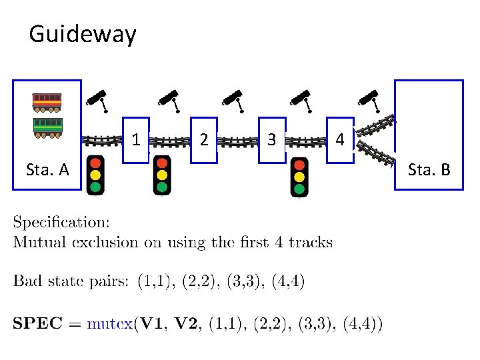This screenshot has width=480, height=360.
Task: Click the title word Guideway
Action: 83,33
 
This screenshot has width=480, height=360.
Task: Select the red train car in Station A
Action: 47,101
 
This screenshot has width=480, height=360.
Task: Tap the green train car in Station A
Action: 47,126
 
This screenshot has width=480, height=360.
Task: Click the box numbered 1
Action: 136,140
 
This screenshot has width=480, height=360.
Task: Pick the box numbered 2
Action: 204,140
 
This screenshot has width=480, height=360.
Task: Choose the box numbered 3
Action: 271,140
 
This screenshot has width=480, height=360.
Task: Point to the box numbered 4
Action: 340,140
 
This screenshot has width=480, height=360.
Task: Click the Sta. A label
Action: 47,170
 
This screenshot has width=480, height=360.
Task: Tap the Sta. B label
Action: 429,170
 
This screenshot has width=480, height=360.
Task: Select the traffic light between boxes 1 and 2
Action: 162,175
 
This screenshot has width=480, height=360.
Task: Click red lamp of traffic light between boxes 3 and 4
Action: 299,165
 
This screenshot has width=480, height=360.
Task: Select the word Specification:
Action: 62,223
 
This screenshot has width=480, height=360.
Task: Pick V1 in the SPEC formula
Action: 151,324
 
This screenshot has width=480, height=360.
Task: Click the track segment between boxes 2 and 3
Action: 238,141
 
